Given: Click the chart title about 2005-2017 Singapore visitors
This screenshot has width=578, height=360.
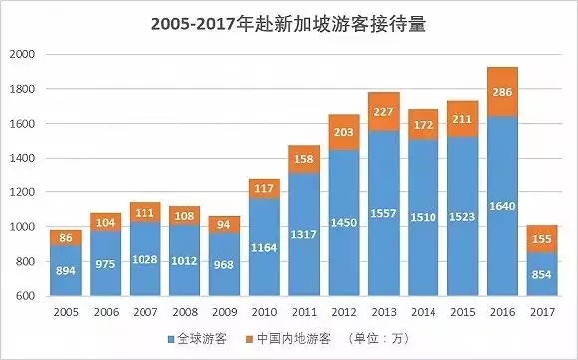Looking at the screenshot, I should point(289,22).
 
